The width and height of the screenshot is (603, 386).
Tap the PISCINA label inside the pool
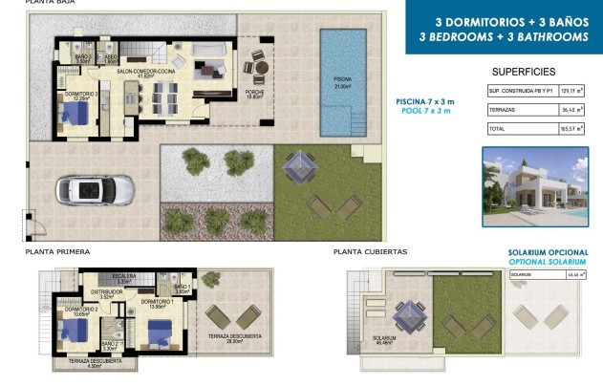(342, 79)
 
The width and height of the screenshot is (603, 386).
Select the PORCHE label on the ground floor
(254, 92)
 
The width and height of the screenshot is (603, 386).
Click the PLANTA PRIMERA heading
(57, 251)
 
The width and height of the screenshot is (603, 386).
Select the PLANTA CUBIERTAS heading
(370, 251)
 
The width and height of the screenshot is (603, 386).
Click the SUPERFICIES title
(523, 72)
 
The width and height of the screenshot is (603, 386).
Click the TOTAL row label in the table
(497, 127)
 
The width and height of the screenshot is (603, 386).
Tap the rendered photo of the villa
(534, 187)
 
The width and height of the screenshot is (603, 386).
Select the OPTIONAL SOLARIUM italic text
(547, 261)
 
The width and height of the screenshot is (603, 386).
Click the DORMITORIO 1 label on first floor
(156, 302)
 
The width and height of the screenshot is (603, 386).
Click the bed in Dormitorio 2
(73, 331)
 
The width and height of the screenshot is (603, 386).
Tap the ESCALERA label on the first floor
(123, 276)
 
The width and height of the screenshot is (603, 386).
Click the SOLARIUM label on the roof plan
(385, 337)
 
